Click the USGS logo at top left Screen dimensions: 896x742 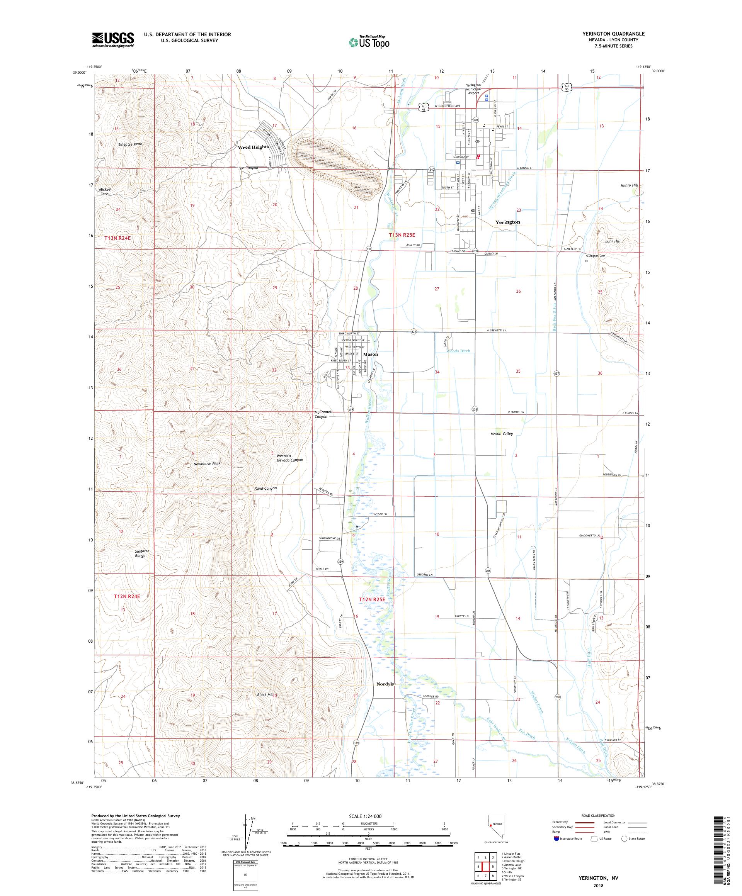113,40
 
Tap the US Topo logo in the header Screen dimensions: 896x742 369,42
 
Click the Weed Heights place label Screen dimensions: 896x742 253,147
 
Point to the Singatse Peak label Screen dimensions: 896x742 130,144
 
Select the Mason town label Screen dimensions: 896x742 370,354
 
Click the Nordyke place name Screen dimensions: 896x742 386,696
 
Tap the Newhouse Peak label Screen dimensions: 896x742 207,463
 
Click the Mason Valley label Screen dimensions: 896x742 502,433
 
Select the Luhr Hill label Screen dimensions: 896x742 613,241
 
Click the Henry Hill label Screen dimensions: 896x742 629,186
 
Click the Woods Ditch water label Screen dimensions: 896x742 458,351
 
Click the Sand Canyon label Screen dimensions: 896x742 265,488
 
